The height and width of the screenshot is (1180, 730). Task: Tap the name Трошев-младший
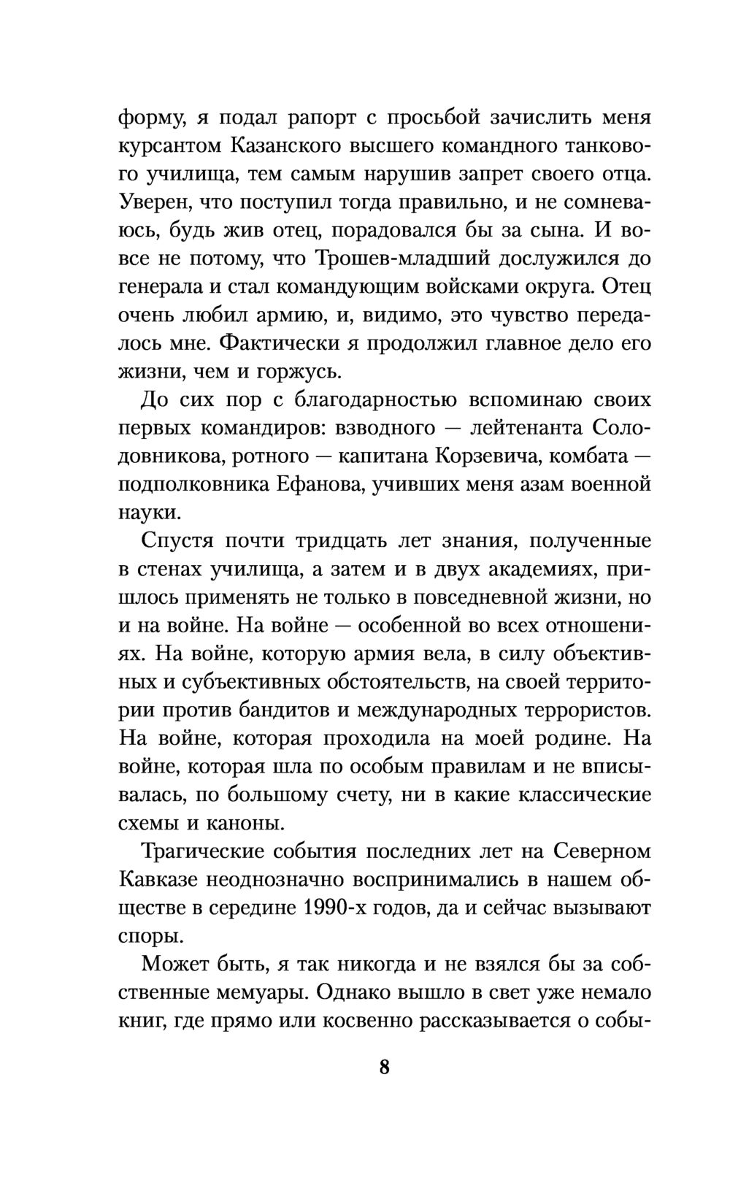click(x=404, y=259)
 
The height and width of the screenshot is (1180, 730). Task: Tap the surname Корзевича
click(x=486, y=457)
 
